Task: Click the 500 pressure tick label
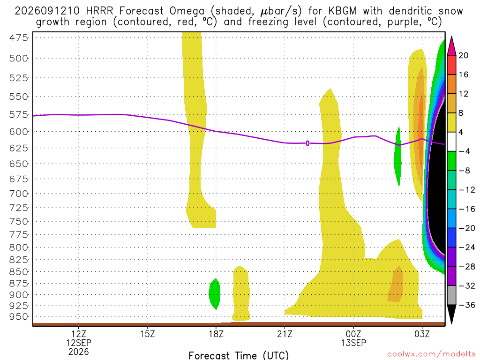click(x=18, y=59)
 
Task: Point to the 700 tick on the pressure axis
click(x=18, y=194)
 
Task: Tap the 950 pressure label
click(x=18, y=317)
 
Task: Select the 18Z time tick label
click(x=216, y=334)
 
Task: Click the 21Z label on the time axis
click(x=285, y=334)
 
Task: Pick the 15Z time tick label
click(x=148, y=334)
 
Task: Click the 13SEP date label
click(x=353, y=343)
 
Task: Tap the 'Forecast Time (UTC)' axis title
click(x=239, y=355)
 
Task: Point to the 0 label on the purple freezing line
click(x=307, y=143)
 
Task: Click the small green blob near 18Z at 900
click(x=215, y=294)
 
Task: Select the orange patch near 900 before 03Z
click(x=396, y=285)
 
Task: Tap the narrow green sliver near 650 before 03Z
click(x=397, y=156)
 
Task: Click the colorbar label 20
click(x=464, y=55)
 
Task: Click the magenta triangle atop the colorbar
click(x=451, y=46)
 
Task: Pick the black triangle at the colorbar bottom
click(x=451, y=314)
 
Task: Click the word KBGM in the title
click(x=343, y=11)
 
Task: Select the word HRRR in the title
click(x=99, y=11)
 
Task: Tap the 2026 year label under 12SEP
click(x=79, y=352)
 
